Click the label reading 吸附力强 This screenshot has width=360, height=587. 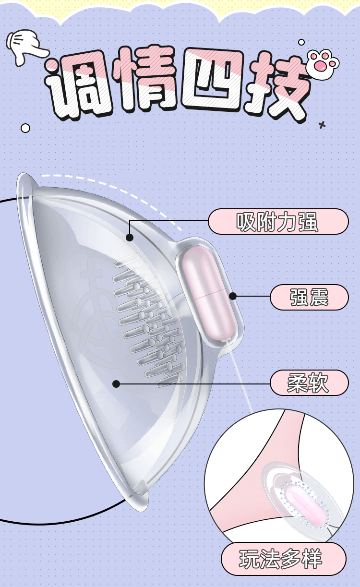pos(278,222)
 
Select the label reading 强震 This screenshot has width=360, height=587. pos(309,297)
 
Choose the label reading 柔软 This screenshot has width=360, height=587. pos(309,383)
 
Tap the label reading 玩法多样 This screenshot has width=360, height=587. pos(283,559)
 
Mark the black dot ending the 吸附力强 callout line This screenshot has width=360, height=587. pos(129,237)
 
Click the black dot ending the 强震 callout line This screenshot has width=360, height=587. pos(233,296)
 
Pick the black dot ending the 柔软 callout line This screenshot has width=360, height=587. pos(116,383)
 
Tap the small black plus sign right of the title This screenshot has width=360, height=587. pos(322,125)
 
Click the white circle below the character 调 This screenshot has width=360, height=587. pos(25,128)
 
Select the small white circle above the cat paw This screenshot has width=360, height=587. pos(301,42)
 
